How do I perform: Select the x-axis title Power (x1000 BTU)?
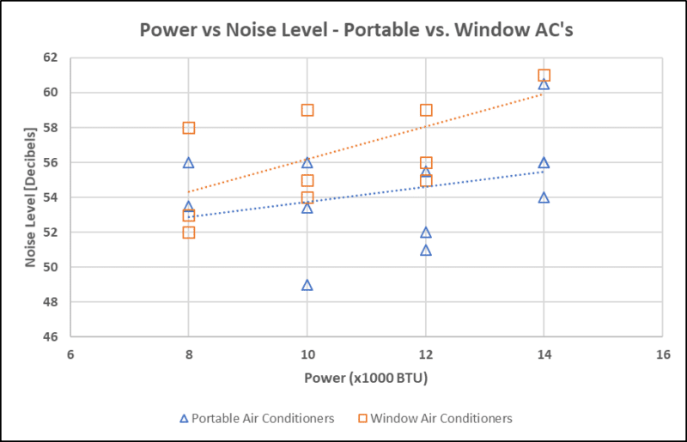(x=366, y=378)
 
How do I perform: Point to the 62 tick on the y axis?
(x=49, y=58)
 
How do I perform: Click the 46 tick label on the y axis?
(x=49, y=337)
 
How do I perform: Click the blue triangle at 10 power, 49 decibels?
(x=307, y=285)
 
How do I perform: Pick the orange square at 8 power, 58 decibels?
(x=189, y=128)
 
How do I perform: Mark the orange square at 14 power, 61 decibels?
(x=544, y=76)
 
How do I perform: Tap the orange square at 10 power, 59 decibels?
(x=307, y=110)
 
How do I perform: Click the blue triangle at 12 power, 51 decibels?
(x=425, y=251)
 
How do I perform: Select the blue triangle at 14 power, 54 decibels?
(x=544, y=197)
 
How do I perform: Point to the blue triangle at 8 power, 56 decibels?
(x=189, y=162)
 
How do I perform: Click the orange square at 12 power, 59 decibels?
(x=426, y=110)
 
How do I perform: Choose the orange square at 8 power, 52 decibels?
(x=189, y=232)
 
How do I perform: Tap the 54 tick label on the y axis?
(x=49, y=197)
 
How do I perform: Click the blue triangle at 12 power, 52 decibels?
(x=425, y=233)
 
